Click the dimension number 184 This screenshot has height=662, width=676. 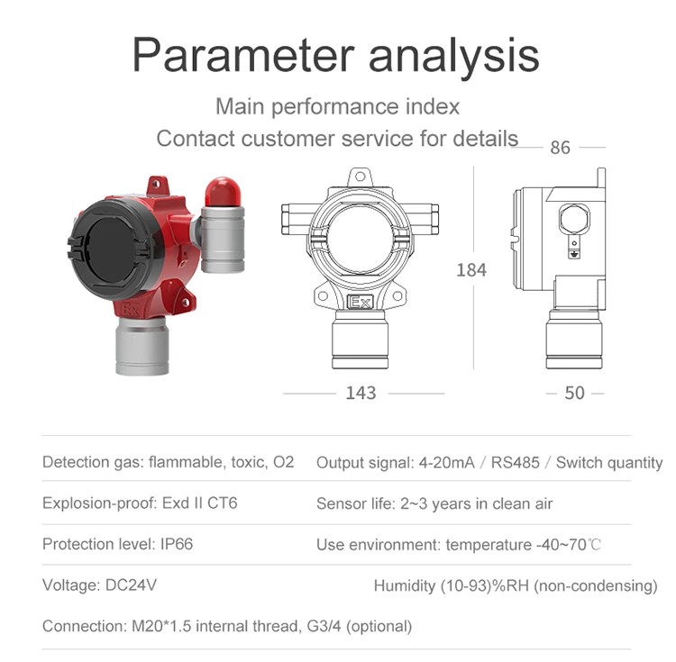470,270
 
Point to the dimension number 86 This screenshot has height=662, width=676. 560,148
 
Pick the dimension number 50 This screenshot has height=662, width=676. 574,394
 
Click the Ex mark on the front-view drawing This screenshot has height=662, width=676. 361,303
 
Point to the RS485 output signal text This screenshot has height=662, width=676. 517,463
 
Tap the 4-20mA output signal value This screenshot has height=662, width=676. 446,463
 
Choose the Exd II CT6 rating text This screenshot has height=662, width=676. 199,503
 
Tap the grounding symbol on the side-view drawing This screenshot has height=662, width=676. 571,254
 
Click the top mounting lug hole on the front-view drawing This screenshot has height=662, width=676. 361,175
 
